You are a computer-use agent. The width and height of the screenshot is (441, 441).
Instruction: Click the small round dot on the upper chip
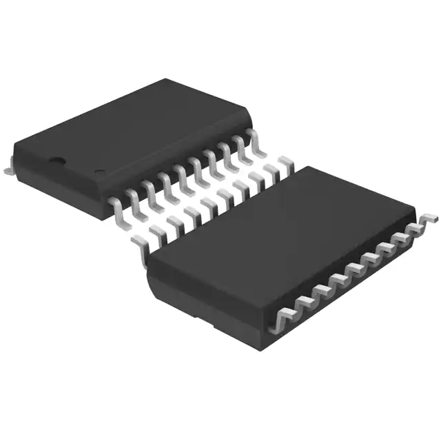[x=99, y=172]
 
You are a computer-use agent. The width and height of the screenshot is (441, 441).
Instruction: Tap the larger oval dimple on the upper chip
[x=55, y=163]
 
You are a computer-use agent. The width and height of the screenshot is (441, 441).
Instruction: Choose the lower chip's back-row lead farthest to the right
[x=284, y=163]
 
